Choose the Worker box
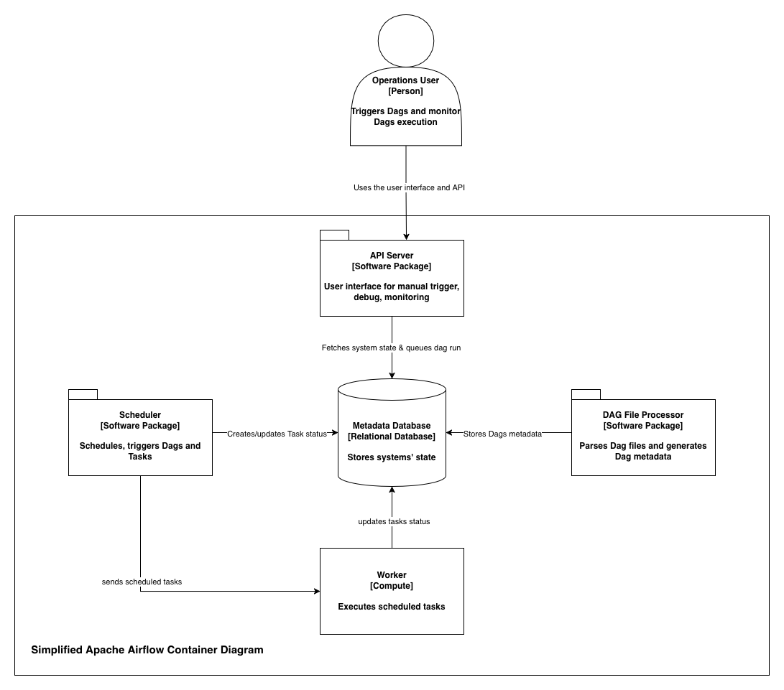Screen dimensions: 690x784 click(x=392, y=591)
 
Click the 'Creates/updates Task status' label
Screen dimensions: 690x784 click(x=277, y=434)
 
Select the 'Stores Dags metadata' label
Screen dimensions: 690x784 click(x=502, y=434)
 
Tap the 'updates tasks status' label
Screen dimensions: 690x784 click(x=394, y=521)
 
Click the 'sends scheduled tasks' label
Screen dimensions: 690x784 click(x=142, y=582)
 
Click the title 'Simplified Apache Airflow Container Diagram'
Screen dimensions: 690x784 click(x=147, y=650)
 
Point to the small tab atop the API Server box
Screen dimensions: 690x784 click(x=334, y=235)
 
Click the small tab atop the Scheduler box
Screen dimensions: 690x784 click(x=83, y=394)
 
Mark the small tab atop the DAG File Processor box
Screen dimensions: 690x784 click(x=586, y=394)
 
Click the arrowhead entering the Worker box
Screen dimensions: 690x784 click(x=315, y=592)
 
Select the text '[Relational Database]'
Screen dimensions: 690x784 click(x=392, y=437)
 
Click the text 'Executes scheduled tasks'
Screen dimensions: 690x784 click(x=392, y=607)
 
